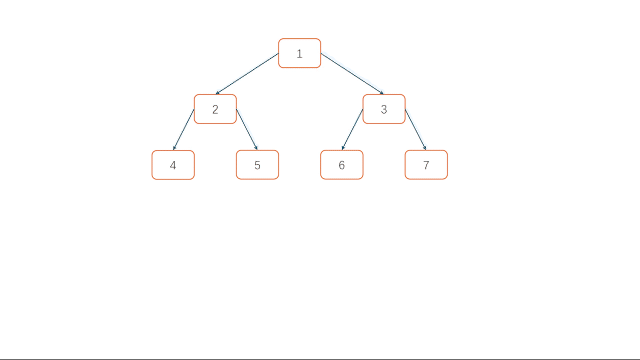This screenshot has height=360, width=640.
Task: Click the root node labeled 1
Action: pyautogui.click(x=299, y=53)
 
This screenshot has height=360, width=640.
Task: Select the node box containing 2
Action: pyautogui.click(x=215, y=109)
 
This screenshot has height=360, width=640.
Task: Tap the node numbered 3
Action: pyautogui.click(x=384, y=109)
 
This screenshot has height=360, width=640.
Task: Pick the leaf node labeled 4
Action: pyautogui.click(x=173, y=165)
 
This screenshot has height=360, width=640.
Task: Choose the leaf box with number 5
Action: pyautogui.click(x=257, y=165)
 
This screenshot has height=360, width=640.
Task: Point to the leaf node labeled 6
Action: pyautogui.click(x=341, y=165)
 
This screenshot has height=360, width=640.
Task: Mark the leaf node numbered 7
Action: pyautogui.click(x=426, y=165)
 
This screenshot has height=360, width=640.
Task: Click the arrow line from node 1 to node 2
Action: pyautogui.click(x=247, y=73)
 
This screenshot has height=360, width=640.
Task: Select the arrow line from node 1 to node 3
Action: pyautogui.click(x=352, y=73)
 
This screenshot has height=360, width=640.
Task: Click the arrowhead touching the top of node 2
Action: pyautogui.click(x=217, y=92)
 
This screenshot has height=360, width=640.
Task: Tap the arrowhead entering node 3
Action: pyautogui.click(x=381, y=92)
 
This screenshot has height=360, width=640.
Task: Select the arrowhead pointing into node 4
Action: pyautogui.click(x=174, y=148)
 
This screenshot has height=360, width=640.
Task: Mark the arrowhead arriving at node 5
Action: pyautogui.click(x=256, y=148)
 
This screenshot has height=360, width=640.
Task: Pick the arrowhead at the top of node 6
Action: pyautogui.click(x=343, y=148)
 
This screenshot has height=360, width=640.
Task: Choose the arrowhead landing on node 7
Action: pyautogui.click(x=424, y=148)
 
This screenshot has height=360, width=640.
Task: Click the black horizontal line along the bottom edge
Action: pyautogui.click(x=320, y=359)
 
